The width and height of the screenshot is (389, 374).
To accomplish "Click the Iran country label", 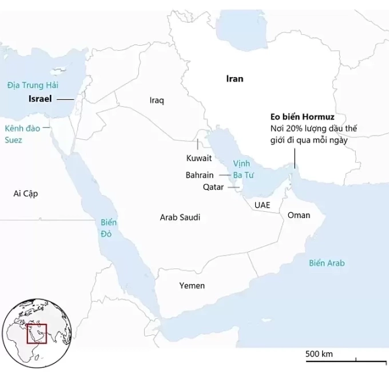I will coord(235,79).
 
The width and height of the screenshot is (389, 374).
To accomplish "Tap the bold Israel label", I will coord(40,99).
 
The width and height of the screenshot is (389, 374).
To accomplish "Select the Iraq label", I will coord(157,100).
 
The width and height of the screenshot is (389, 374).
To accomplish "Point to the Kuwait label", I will coord(199,158).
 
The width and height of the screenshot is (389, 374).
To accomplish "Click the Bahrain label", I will coord(200,175).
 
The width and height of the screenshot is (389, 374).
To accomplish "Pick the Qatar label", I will coord(213,186).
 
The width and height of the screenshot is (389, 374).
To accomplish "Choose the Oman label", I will coord(299,215).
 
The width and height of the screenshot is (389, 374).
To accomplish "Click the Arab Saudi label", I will coord(180,218).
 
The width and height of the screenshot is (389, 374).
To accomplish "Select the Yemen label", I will coord(192,285).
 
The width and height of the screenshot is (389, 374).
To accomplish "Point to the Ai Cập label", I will coord(25,194).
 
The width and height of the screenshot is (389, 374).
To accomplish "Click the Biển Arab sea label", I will coord(327,263).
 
